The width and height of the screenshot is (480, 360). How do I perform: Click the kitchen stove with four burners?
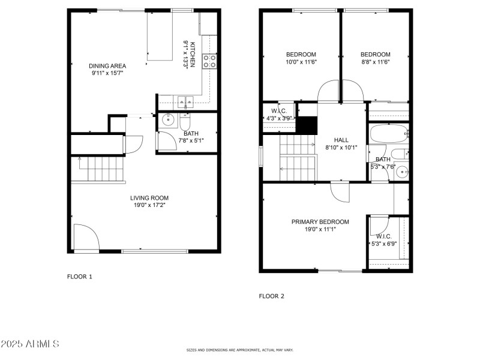click(x=210, y=61)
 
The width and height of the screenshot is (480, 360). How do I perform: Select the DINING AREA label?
click(x=107, y=66)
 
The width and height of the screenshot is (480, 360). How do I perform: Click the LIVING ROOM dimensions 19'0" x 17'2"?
click(x=149, y=205)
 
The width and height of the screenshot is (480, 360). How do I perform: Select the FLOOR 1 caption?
click(x=79, y=277)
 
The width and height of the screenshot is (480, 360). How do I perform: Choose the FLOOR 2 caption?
click(x=271, y=296)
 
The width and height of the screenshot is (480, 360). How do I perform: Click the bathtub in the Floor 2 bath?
click(x=388, y=134)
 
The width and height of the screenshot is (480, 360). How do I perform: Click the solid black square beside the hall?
click(x=308, y=125)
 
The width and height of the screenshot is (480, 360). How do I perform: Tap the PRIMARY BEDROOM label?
click(x=320, y=221)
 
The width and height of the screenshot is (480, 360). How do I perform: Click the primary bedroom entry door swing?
click(x=340, y=192)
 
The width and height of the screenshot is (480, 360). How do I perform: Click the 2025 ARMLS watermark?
click(x=30, y=344)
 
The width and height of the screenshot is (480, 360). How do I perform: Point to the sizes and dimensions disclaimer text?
click(x=239, y=349)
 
